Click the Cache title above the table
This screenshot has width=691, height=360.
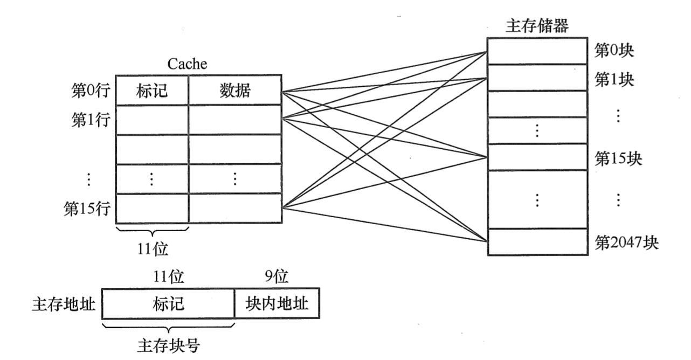point(187,64)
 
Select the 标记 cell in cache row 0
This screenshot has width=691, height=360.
point(153,91)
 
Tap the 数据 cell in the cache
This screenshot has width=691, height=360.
point(234,91)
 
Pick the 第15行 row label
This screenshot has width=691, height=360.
point(87,208)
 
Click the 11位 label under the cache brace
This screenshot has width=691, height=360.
point(153,249)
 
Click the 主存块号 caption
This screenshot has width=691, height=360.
point(168,345)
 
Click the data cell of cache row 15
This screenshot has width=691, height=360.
point(234,208)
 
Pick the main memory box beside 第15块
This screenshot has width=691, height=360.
point(537,157)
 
